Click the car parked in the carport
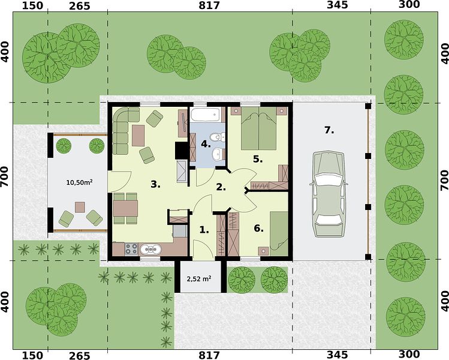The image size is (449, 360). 329,194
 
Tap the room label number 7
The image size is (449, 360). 329,130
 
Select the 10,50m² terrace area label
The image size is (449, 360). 79,182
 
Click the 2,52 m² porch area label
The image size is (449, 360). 199,278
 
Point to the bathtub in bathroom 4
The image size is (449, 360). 206,115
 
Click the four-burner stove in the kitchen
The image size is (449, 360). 131,249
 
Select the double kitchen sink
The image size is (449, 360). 150,250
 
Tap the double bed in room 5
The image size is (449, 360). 259,128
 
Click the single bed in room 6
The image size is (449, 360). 279,233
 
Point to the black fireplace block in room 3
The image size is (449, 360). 180,151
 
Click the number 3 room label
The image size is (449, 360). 155,185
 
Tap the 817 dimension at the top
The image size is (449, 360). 209,5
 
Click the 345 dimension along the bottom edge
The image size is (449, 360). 337,355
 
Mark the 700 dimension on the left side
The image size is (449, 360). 5,180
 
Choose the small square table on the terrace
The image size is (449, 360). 80,207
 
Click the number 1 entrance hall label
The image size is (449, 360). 204,230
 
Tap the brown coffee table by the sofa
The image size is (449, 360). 138,136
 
